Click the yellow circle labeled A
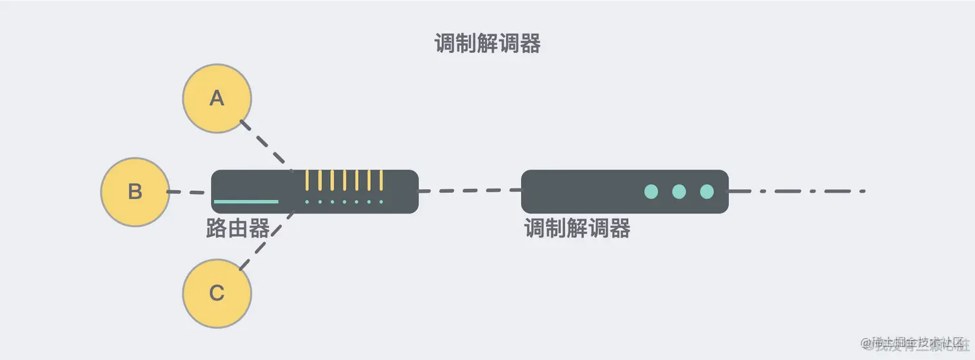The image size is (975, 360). (x=217, y=99)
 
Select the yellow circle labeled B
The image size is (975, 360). (x=135, y=192)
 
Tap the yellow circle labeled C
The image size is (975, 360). (x=217, y=294)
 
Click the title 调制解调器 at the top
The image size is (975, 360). (x=488, y=44)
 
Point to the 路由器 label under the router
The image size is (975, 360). (x=237, y=228)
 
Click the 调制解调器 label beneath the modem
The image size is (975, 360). (x=577, y=228)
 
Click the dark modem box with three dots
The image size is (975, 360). (x=580, y=192)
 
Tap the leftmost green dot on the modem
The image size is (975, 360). (x=651, y=192)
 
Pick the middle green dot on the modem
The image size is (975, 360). (x=679, y=192)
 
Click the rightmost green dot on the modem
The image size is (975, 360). (x=707, y=192)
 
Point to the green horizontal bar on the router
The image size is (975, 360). (x=246, y=202)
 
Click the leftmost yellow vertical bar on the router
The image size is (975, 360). (x=308, y=180)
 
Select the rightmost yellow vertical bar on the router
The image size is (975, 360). (x=382, y=180)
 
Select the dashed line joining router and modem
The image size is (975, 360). (x=469, y=191)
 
